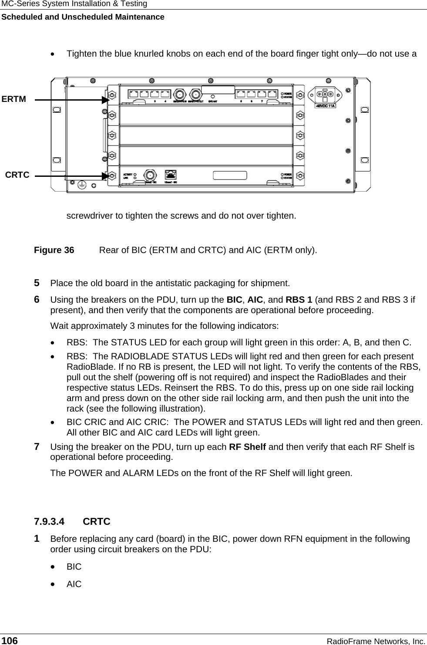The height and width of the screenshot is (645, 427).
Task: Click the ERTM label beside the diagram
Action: [x=14, y=99]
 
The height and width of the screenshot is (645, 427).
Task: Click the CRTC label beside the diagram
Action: [x=17, y=175]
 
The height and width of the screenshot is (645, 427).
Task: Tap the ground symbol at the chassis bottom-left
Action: [x=81, y=185]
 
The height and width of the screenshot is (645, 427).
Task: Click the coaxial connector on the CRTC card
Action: [x=149, y=175]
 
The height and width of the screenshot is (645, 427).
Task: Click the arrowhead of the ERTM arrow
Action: [x=105, y=100]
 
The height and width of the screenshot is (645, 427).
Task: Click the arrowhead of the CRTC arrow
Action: [x=105, y=176]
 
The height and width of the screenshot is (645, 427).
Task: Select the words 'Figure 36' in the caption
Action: [x=54, y=250]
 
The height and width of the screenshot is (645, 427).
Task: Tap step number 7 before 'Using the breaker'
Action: [x=37, y=447]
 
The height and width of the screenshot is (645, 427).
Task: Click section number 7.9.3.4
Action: [x=49, y=521]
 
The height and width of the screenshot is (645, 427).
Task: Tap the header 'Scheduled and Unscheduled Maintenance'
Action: [x=82, y=17]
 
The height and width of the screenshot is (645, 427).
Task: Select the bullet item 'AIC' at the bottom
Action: [x=74, y=584]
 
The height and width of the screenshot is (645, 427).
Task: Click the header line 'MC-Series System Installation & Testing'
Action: [x=74, y=4]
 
